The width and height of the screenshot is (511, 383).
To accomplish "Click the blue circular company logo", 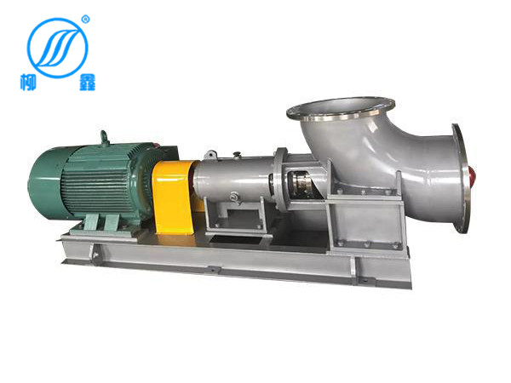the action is [57, 48].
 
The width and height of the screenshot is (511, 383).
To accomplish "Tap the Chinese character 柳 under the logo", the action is [28, 82].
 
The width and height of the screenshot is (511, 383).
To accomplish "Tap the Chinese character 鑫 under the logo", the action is [87, 82].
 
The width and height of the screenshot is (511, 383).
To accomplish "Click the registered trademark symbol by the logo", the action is [86, 19].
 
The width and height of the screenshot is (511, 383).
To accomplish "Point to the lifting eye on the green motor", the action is [105, 137].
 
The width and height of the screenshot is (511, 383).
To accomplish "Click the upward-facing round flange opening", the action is [341, 108].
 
